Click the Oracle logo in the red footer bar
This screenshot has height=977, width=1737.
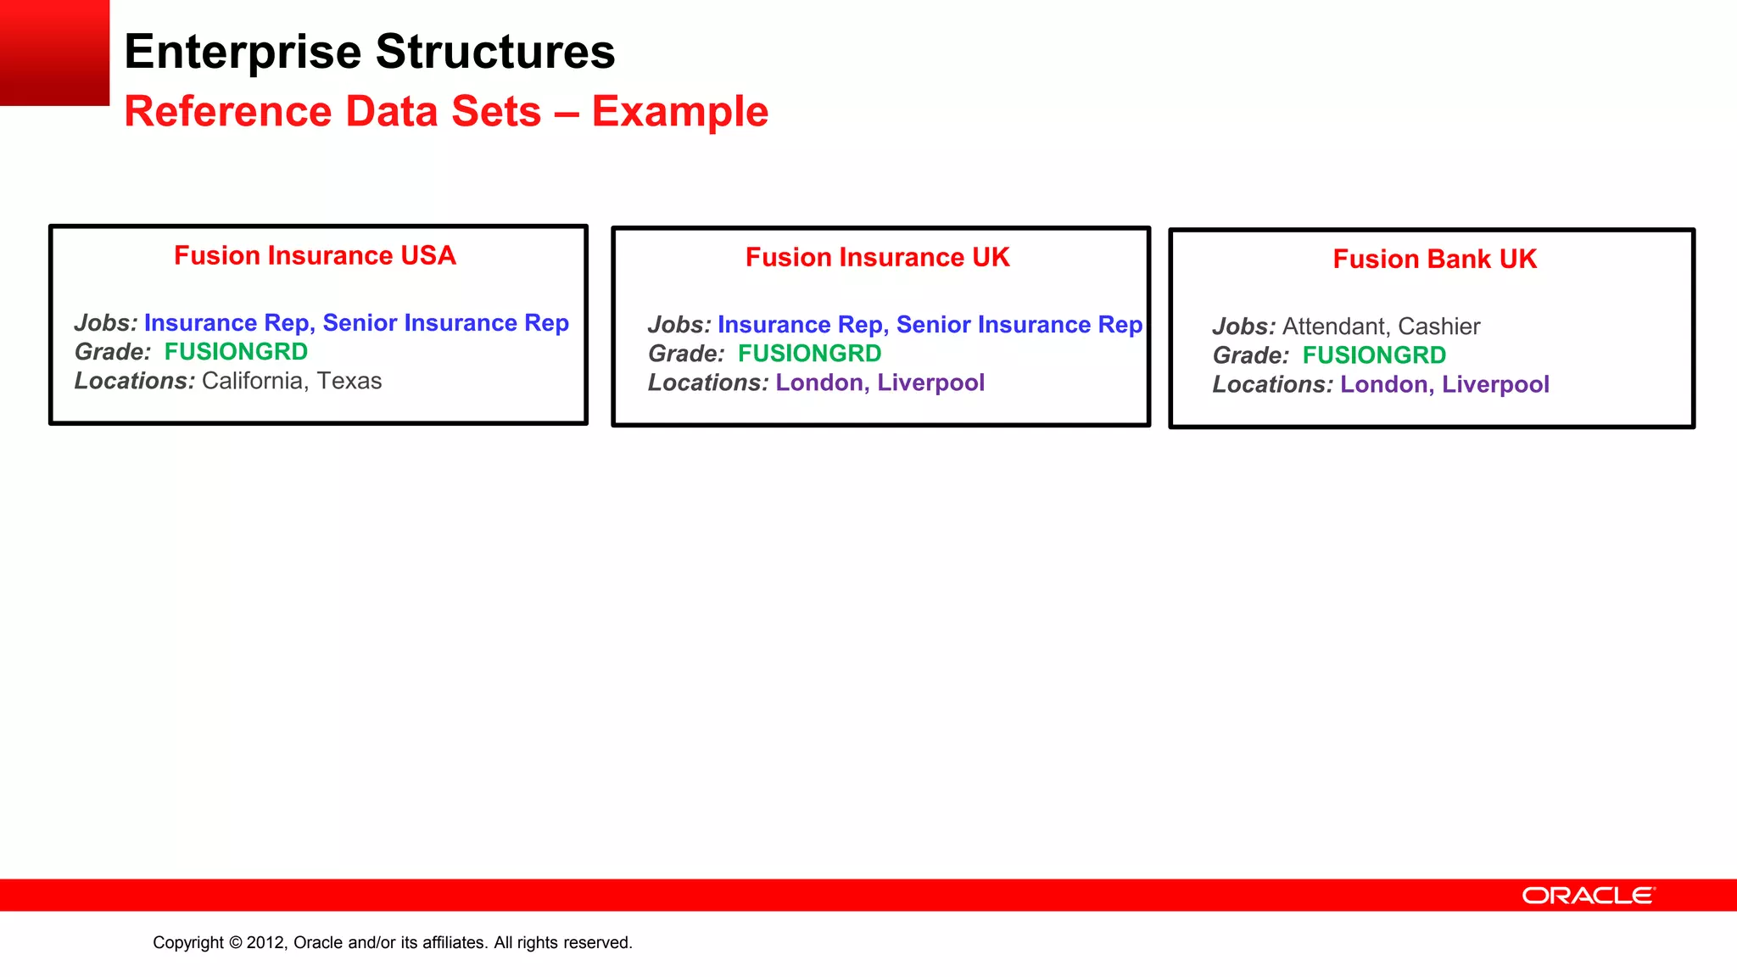pos(1588,896)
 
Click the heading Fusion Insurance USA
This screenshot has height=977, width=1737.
pos(315,256)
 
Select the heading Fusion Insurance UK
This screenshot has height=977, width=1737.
pos(877,258)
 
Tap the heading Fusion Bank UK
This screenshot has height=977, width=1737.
pos(1434,260)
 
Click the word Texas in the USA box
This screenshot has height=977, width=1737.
pos(349,381)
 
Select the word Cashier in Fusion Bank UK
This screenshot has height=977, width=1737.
pos(1438,327)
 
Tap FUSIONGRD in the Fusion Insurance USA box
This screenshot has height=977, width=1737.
pos(236,352)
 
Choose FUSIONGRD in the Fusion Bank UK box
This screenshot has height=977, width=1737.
pos(1374,355)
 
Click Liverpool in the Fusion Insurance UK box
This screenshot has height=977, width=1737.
pos(930,382)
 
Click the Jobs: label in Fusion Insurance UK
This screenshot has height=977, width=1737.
pos(679,325)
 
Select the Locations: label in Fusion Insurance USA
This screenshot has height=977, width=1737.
pos(135,381)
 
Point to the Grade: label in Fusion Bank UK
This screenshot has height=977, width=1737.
pos(1250,355)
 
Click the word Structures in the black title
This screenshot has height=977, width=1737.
pos(495,52)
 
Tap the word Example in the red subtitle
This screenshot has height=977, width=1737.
pos(679,112)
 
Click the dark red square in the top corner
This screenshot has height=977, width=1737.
pos(54,53)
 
